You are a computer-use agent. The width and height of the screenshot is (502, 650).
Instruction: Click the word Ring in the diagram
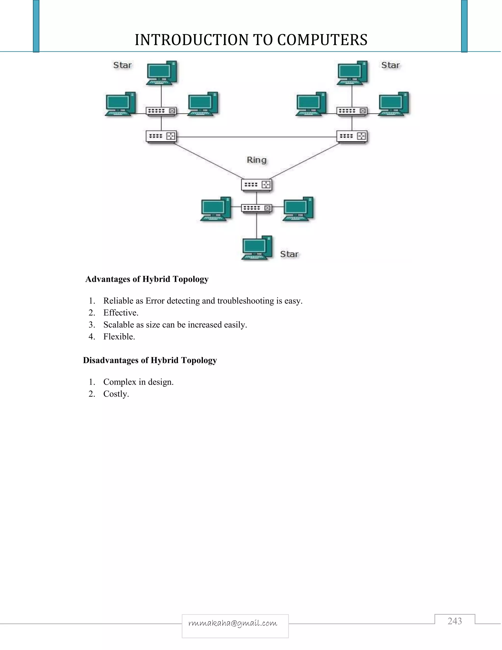[x=256, y=160]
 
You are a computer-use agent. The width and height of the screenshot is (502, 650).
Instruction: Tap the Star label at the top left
[x=122, y=65]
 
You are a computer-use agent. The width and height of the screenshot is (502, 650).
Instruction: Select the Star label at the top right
[x=390, y=65]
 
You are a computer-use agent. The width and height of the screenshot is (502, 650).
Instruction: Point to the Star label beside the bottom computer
[x=289, y=254]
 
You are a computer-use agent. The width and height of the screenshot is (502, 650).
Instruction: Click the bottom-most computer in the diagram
[x=257, y=248]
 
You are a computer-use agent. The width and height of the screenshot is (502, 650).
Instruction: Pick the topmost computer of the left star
[x=162, y=73]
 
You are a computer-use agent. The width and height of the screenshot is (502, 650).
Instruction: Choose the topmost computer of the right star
[x=352, y=73]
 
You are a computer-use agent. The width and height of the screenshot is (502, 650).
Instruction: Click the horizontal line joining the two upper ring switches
[x=256, y=137]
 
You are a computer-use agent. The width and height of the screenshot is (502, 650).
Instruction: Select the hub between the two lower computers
[x=256, y=208]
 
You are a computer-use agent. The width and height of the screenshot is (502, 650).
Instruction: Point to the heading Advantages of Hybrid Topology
[x=147, y=279]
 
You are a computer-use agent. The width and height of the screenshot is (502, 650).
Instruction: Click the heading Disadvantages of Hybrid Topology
[x=150, y=360]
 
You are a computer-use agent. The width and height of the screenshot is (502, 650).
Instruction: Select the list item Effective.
[x=121, y=313]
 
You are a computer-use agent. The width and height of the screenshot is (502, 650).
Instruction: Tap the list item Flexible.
[x=119, y=337]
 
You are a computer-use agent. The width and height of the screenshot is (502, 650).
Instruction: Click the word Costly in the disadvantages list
[x=116, y=394]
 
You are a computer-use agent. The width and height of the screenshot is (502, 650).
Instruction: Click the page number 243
[x=454, y=621]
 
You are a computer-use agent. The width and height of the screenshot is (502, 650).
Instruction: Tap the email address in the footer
[x=233, y=623]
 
